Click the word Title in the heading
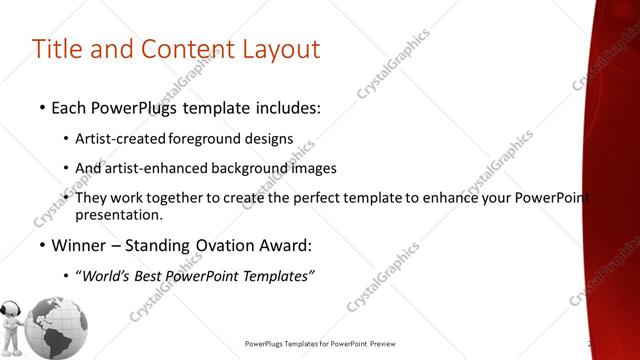(57, 49)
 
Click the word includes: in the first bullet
(282, 106)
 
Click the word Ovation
(216, 245)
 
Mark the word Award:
(284, 245)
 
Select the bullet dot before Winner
(42, 246)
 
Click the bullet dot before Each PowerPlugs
(42, 107)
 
